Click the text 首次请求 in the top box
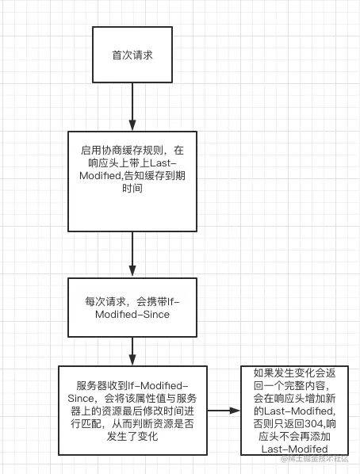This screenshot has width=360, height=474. tap(132, 55)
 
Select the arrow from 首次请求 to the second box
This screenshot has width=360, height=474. tap(132, 106)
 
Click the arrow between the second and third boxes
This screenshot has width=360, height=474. tap(132, 254)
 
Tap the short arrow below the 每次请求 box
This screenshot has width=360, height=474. tap(132, 351)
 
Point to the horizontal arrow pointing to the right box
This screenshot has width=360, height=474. tap(224, 411)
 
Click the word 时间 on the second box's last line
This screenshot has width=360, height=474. tap(132, 189)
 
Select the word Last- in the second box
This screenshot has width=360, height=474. tap(163, 163)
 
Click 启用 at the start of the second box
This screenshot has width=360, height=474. tap(91, 151)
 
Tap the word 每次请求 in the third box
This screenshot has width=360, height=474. tap(105, 302)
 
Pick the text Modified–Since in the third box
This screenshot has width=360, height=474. tap(132, 315)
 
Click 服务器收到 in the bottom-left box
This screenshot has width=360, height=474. tap(102, 386)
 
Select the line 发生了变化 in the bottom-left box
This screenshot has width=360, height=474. tap(132, 437)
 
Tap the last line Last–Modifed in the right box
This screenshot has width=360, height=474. tap(295, 449)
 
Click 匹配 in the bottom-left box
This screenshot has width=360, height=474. tap(91, 424)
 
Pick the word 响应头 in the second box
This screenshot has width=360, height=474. tap(104, 163)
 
